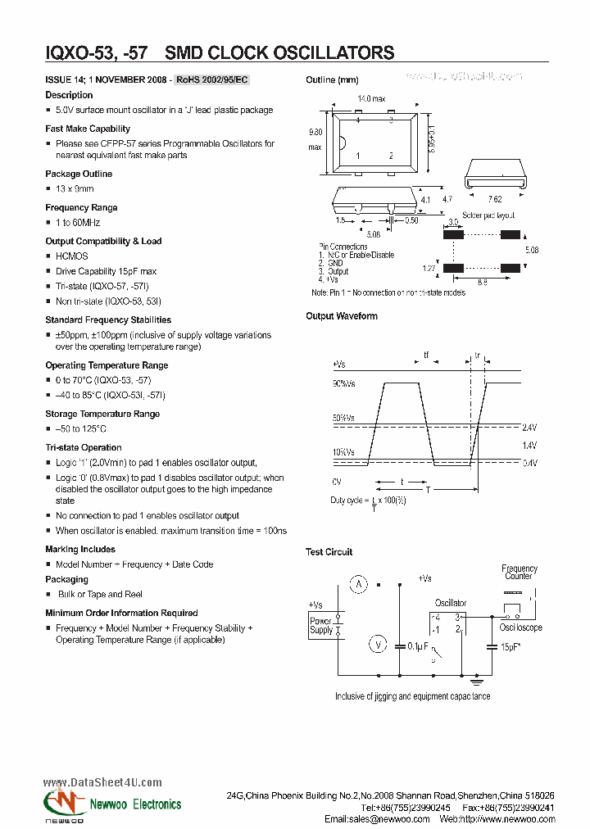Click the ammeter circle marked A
coord(357,584)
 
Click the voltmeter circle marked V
coord(378,645)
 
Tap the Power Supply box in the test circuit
coord(321,627)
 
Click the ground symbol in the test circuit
coord(478,680)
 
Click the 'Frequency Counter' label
coord(520,572)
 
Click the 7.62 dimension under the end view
coord(495,199)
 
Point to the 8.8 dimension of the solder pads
coord(483,282)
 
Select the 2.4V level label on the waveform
coord(529,427)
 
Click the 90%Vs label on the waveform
coord(344,383)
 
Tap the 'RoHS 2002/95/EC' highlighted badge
coord(212,79)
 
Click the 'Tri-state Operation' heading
coord(84,447)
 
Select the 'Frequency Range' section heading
coord(81,207)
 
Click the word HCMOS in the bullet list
coord(71,256)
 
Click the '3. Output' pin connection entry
coord(333,271)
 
